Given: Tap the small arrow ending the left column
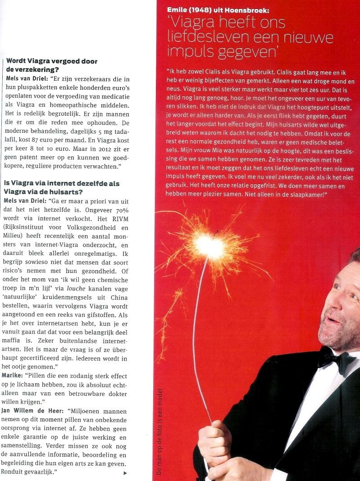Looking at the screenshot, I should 125,473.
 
